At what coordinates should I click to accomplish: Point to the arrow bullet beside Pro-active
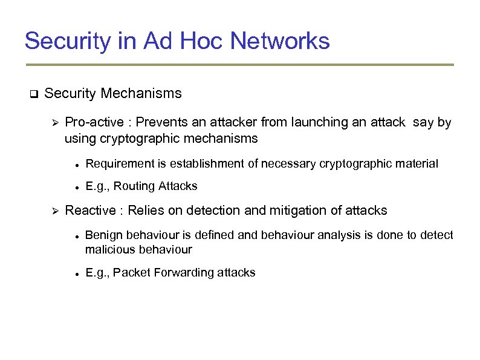point(53,123)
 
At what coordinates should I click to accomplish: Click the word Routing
point(134,186)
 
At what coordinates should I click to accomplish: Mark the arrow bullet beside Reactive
point(53,211)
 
